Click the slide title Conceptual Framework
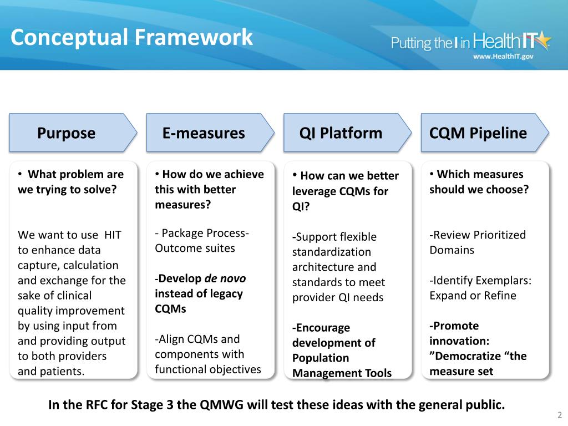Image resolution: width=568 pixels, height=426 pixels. tap(131, 37)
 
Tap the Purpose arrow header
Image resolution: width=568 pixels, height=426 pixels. tap(67, 133)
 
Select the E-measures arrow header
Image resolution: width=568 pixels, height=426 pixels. tap(204, 133)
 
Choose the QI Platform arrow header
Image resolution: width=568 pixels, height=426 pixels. tap(341, 133)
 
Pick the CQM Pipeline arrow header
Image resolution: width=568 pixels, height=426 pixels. tap(478, 133)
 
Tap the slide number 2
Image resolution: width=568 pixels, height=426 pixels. tap(559, 415)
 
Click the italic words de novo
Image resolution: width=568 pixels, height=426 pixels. tap(225, 278)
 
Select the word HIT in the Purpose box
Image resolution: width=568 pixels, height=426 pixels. tap(113, 235)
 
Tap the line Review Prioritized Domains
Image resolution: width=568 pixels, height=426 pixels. tap(477, 242)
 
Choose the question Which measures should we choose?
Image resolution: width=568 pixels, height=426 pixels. tap(479, 181)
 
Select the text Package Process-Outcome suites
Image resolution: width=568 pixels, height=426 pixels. tap(202, 240)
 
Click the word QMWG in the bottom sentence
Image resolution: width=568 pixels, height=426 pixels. tap(219, 404)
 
